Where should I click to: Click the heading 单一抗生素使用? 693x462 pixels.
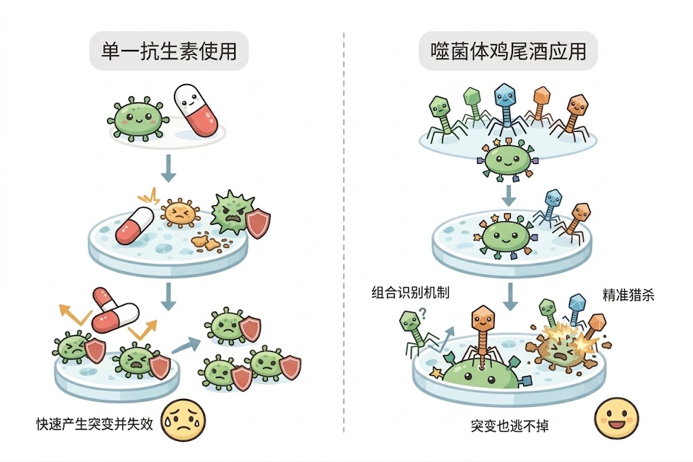tap(169, 50)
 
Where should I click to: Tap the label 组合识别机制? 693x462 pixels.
tap(410, 293)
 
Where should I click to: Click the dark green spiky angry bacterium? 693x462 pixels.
tap(230, 213)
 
